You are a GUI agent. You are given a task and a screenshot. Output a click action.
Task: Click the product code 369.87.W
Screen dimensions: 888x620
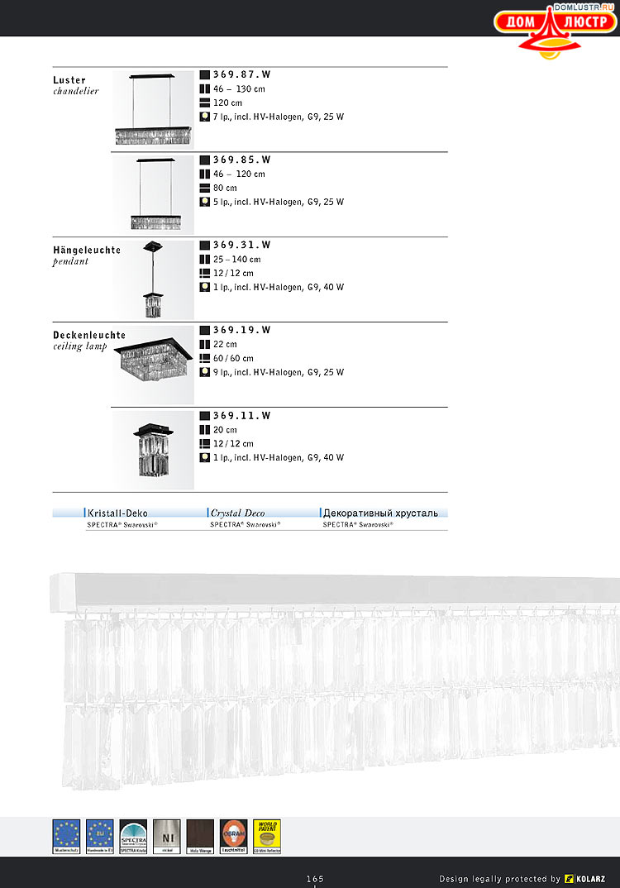click(241, 74)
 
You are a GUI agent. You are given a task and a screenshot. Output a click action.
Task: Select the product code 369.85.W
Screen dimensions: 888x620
click(241, 160)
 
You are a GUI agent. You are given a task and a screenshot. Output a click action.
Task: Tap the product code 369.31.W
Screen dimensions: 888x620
click(241, 245)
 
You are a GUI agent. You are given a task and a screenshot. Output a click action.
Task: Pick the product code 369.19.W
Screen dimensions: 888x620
click(241, 330)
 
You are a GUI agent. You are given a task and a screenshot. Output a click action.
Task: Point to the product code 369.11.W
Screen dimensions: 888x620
click(241, 416)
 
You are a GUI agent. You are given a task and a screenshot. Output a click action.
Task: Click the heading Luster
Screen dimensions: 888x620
click(69, 80)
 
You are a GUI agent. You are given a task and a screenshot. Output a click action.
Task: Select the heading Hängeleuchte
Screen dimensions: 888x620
click(87, 250)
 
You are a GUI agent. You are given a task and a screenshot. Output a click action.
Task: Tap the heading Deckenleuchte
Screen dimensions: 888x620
click(89, 335)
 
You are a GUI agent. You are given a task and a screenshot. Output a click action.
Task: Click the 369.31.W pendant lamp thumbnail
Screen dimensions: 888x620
click(154, 279)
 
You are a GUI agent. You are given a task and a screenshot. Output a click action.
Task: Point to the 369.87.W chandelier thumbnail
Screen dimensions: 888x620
click(154, 109)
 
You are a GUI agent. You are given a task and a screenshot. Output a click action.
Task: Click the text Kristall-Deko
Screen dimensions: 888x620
click(117, 513)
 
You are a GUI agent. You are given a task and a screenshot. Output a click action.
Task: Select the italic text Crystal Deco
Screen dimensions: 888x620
click(237, 513)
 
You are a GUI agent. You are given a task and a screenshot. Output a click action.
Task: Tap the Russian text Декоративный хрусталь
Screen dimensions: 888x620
click(380, 513)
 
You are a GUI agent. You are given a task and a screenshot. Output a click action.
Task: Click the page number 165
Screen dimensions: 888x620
click(315, 878)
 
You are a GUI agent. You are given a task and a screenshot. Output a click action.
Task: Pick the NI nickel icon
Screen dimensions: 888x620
click(166, 836)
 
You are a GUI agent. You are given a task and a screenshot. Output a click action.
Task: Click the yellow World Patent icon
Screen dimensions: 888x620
click(267, 836)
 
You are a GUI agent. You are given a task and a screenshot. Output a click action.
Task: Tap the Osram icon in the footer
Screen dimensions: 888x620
click(234, 836)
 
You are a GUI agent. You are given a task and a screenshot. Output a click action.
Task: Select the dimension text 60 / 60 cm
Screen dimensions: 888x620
click(233, 359)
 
